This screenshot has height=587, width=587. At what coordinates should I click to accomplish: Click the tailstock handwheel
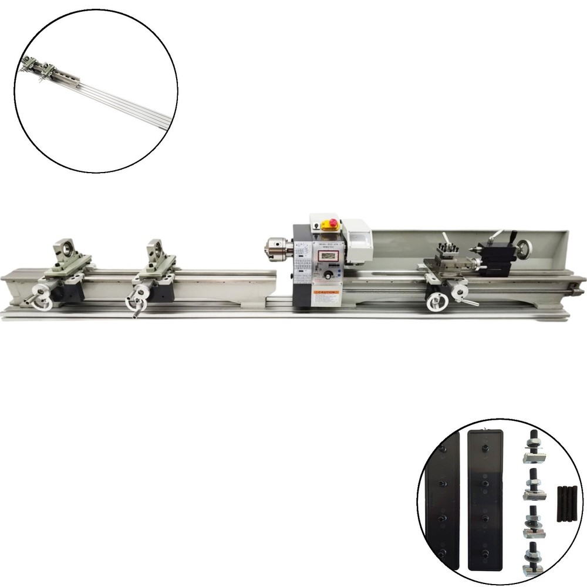click(x=528, y=246)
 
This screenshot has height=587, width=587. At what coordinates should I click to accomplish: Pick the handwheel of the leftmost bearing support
click(x=41, y=296)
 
